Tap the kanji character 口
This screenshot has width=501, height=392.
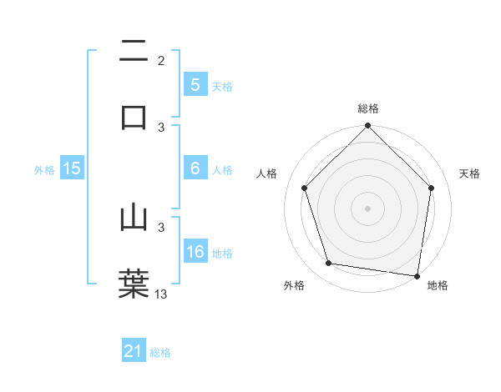[134, 116]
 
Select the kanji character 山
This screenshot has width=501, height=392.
[134, 218]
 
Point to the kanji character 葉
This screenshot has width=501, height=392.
[134, 283]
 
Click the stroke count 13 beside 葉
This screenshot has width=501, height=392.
[161, 294]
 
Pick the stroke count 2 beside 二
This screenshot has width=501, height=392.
[161, 61]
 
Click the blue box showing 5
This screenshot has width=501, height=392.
[195, 84]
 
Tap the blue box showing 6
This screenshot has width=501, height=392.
[195, 168]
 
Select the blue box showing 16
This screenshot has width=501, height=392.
[195, 252]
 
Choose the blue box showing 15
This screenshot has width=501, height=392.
[72, 168]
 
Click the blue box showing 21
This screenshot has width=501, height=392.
[134, 351]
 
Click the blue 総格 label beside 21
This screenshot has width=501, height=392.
[160, 353]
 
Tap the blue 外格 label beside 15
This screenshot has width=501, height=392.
[44, 169]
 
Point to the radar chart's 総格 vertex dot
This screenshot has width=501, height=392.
[367, 127]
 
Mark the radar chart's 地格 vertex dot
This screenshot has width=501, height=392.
[417, 275]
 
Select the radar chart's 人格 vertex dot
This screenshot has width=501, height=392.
[305, 188]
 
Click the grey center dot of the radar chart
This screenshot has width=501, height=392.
[367, 208]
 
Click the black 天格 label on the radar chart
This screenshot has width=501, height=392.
[470, 173]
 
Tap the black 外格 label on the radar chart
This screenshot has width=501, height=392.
[293, 285]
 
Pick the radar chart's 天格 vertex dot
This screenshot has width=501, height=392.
[431, 188]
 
